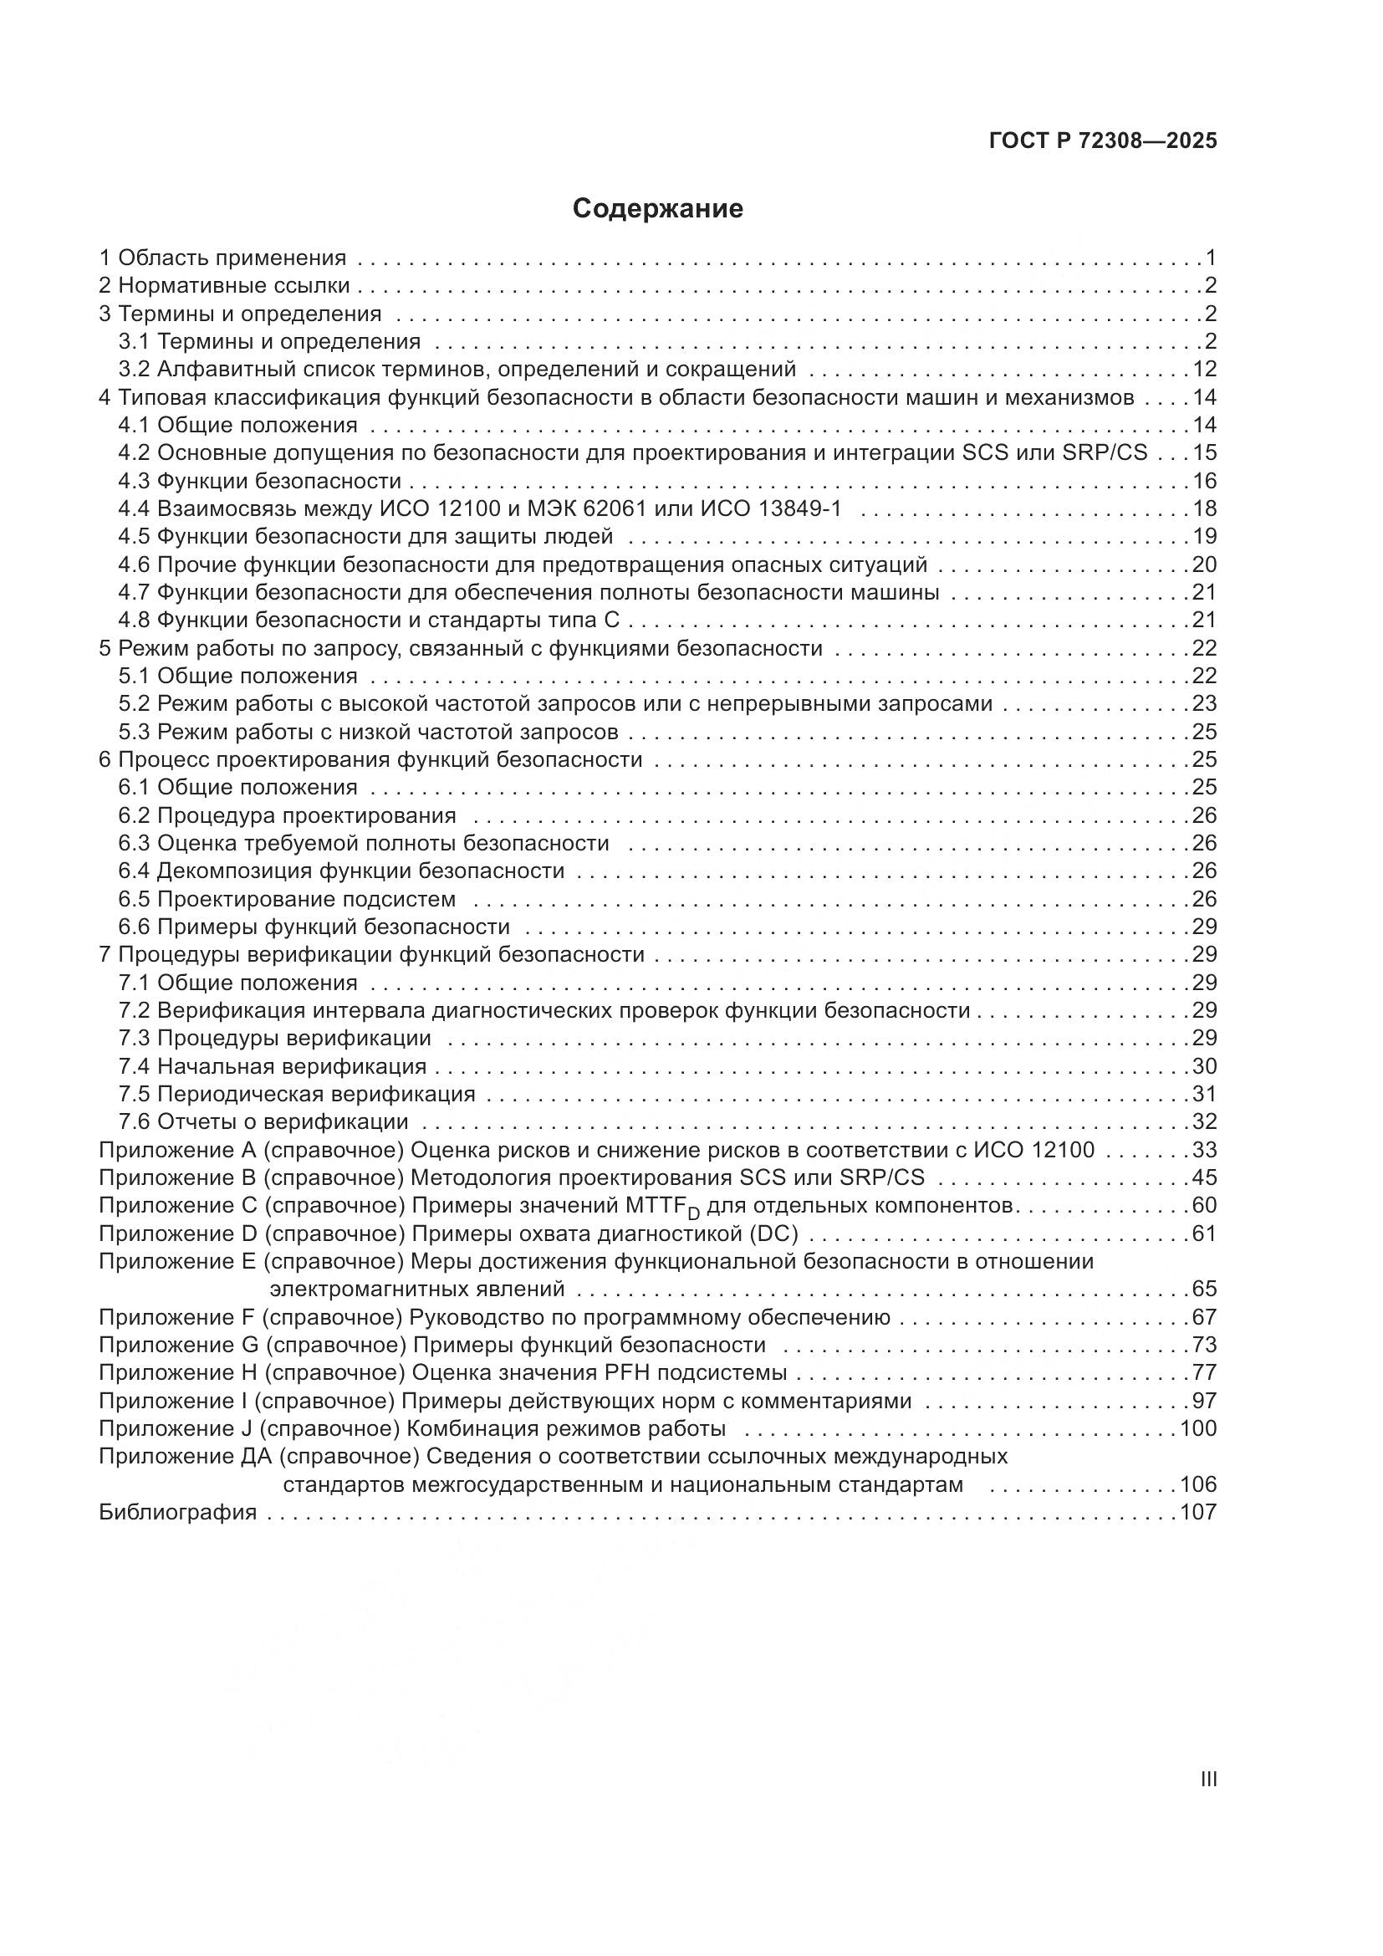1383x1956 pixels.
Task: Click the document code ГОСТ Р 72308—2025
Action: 1103,140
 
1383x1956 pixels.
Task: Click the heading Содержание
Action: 657,209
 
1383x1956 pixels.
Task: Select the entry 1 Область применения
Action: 222,258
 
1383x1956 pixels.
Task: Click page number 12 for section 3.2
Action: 1204,369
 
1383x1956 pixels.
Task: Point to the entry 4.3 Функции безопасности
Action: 260,481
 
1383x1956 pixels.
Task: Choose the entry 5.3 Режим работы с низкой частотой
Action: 368,732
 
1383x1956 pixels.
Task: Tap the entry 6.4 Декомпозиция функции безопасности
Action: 341,871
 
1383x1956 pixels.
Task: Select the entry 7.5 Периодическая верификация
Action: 297,1094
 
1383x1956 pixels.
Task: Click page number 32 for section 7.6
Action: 1204,1121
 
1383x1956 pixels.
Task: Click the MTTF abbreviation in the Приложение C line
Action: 657,1207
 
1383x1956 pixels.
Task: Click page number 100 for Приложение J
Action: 1198,1427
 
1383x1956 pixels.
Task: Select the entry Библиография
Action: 178,1512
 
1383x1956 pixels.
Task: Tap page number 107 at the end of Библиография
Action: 1198,1512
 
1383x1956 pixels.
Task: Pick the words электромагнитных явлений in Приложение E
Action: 417,1289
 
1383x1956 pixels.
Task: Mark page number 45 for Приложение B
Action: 1204,1177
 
